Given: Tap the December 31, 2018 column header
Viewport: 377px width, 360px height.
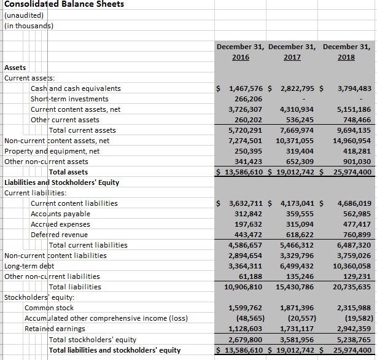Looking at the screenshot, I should [346, 52].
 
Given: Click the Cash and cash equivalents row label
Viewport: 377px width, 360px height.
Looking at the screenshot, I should [76, 88].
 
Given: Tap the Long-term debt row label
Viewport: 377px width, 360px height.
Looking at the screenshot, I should [29, 266].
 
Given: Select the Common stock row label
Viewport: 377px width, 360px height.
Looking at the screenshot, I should [49, 308].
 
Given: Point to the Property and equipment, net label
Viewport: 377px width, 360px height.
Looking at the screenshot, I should [52, 151].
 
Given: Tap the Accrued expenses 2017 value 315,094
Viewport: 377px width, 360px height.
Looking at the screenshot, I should [300, 224].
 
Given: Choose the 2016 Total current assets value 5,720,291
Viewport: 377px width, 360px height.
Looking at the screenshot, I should [245, 130].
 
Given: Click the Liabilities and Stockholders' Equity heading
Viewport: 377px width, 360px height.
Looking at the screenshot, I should [61, 182].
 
